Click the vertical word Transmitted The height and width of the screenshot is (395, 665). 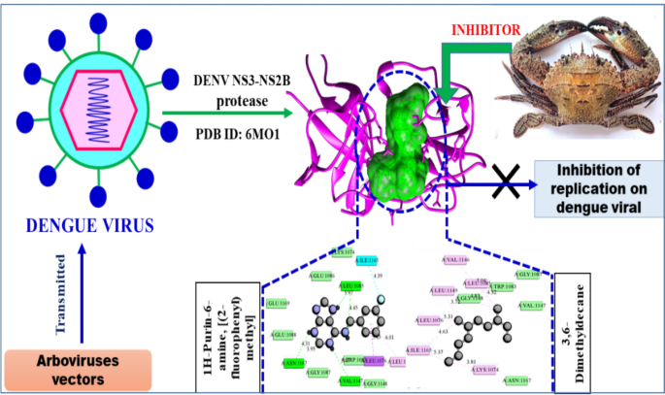[x=61, y=292]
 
